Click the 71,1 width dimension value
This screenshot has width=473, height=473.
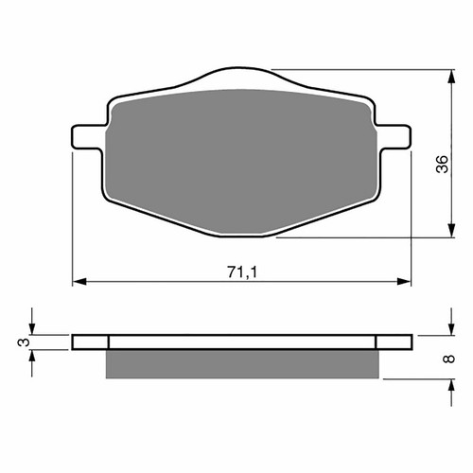241,272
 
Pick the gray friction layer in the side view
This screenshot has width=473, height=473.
241,360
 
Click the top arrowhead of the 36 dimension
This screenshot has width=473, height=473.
447,75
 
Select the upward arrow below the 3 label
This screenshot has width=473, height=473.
32,357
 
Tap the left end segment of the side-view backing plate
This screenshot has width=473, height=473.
91,342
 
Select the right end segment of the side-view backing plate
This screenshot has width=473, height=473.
394,342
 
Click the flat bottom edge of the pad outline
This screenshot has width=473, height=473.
241,236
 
